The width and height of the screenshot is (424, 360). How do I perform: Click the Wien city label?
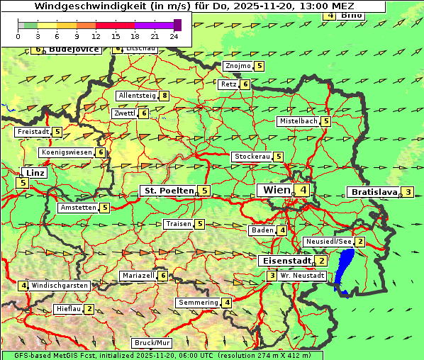(277, 190)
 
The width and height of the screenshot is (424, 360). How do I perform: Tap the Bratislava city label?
(373, 192)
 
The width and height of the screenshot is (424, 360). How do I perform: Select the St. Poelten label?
(168, 191)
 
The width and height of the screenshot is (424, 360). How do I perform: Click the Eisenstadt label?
(286, 260)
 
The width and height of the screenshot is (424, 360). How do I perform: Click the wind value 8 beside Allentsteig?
(164, 96)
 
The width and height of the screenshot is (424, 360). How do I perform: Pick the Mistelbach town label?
(299, 121)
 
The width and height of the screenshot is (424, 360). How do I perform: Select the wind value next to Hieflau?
(89, 309)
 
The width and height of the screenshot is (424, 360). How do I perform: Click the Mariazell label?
(138, 276)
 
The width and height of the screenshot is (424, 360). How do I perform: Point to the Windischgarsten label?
(60, 286)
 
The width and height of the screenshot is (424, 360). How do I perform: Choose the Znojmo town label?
(238, 66)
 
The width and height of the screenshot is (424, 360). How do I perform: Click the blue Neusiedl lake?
(345, 270)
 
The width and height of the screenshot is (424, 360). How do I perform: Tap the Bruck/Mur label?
(153, 343)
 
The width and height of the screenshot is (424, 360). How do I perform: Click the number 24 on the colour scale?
(174, 35)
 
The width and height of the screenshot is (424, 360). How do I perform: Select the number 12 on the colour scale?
(96, 35)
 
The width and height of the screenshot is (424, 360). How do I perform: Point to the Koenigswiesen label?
(67, 152)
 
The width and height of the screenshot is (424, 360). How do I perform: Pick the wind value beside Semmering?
(227, 303)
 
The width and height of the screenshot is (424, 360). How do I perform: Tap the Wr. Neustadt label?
(303, 275)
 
